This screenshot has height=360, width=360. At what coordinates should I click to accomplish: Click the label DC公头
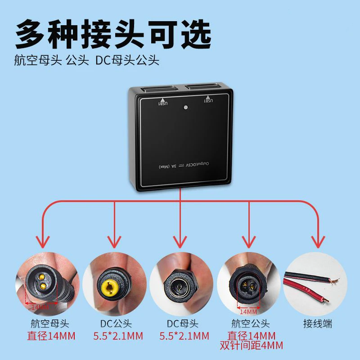pyautogui.click(x=116, y=324)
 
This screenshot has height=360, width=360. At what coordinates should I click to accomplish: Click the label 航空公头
pyautogui.click(x=251, y=324)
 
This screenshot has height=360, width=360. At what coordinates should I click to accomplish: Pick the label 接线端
pyautogui.click(x=318, y=324)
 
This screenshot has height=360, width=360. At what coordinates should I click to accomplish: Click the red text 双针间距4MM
pyautogui.click(x=251, y=346)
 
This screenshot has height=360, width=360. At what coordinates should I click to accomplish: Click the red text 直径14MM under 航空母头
pyautogui.click(x=47, y=336)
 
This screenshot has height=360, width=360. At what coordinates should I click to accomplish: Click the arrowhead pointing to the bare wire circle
pyautogui.click(x=319, y=241)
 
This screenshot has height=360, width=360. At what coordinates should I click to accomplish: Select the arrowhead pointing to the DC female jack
pyautogui.click(x=180, y=241)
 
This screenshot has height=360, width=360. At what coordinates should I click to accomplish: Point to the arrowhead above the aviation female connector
pyautogui.click(x=43, y=241)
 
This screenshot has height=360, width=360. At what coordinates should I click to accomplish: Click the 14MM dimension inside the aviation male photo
pyautogui.click(x=248, y=311)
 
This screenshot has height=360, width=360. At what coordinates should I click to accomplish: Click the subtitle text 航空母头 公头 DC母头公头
pyautogui.click(x=87, y=60)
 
